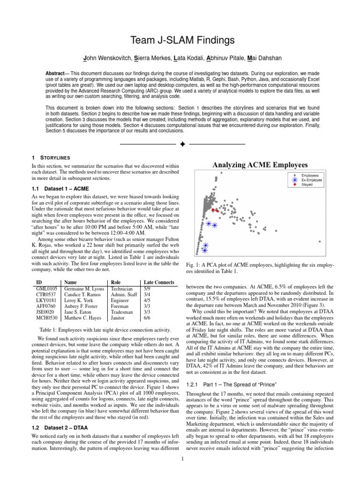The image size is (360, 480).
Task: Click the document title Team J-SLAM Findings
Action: click(x=180, y=41)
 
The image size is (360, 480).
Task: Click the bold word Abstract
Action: click(x=55, y=75)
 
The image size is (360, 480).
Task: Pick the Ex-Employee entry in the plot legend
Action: click(x=310, y=180)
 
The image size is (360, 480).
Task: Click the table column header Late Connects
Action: click(x=159, y=283)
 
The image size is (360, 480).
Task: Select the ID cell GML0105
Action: click(x=46, y=289)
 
